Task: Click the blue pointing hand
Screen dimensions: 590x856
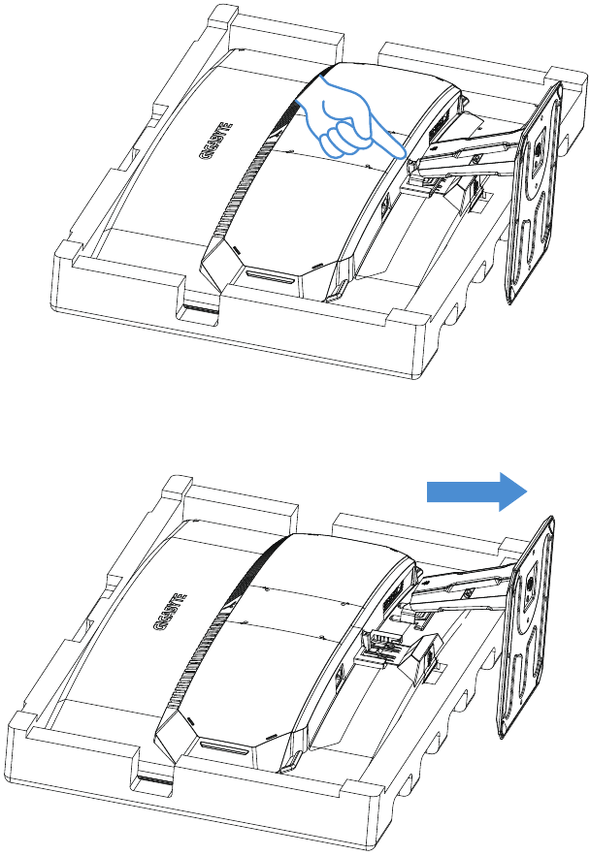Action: (349, 123)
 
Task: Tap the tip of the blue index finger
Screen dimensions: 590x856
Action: (403, 154)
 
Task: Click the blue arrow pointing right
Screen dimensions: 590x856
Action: (476, 491)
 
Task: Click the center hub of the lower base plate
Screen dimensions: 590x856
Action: (530, 587)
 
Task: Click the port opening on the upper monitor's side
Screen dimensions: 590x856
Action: (384, 205)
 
